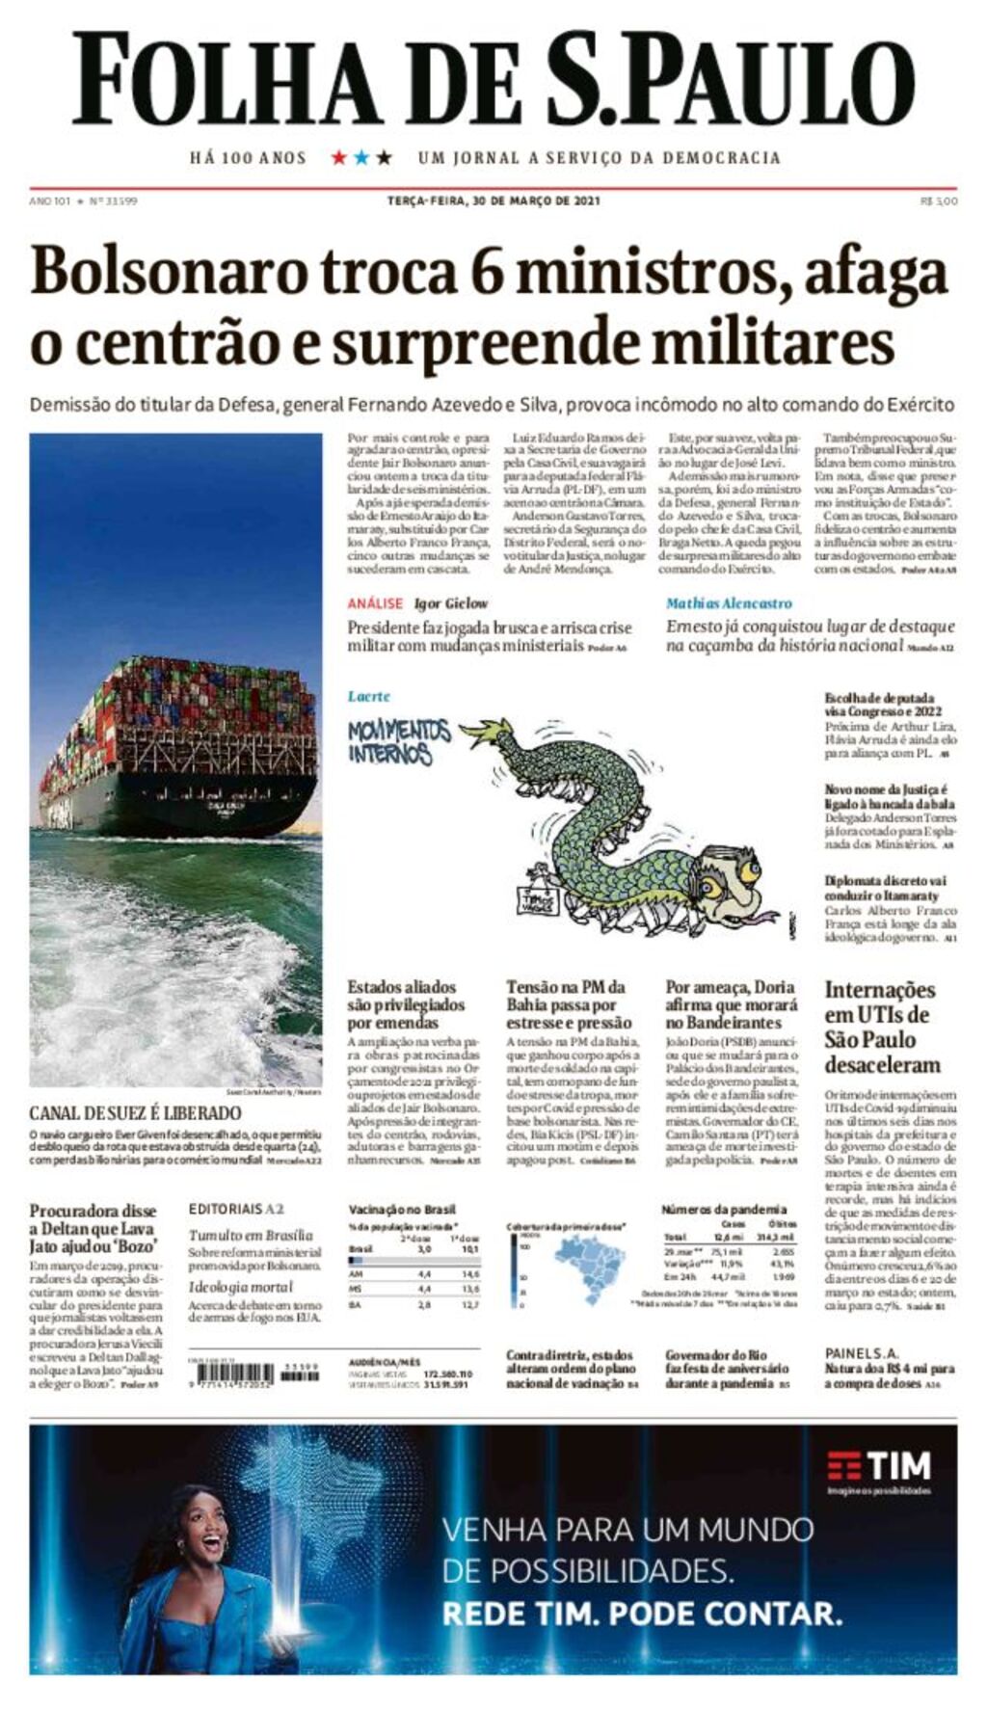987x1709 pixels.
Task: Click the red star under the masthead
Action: (x=338, y=157)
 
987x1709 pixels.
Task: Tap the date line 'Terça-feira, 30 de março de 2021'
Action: (x=493, y=200)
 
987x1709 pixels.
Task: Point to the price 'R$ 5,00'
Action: (x=939, y=200)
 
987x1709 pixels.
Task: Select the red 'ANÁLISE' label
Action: (x=375, y=603)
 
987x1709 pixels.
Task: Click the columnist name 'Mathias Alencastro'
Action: (x=729, y=603)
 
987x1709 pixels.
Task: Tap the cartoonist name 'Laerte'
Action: (x=369, y=696)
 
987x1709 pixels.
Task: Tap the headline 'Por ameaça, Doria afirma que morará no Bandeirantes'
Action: (x=731, y=1004)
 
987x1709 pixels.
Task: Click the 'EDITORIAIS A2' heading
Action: (x=236, y=1209)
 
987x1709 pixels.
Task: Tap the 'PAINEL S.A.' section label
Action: (x=861, y=1353)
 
